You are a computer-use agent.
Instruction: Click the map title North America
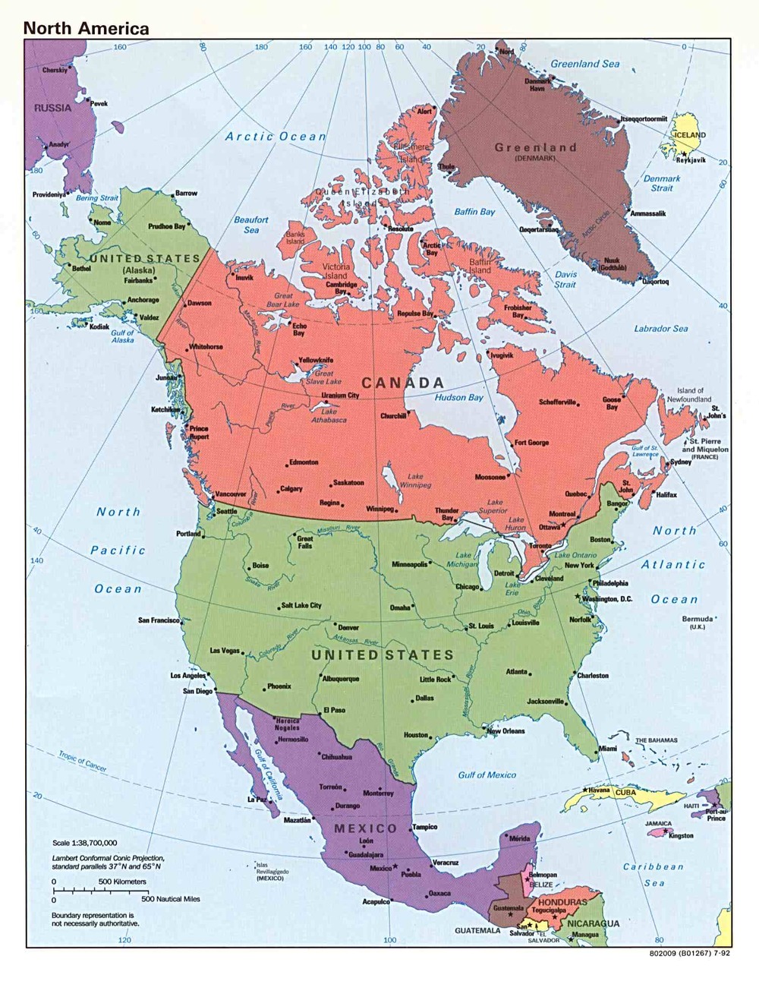[86, 29]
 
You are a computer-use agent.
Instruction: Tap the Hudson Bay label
[458, 397]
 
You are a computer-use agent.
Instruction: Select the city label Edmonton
[304, 462]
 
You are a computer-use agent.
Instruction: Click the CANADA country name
[402, 383]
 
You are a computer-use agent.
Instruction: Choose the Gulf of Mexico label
[487, 774]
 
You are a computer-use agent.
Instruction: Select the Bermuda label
[697, 619]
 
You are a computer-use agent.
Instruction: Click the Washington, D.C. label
[607, 599]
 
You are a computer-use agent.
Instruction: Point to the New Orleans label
[505, 730]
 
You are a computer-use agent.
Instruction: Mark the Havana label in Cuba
[599, 790]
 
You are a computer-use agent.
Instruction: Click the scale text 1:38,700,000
[84, 843]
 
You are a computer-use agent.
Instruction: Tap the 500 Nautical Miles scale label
[171, 898]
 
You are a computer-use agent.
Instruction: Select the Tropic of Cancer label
[82, 761]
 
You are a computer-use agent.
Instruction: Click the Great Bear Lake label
[283, 300]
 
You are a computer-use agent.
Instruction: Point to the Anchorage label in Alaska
[143, 300]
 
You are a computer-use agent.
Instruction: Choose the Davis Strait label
[565, 279]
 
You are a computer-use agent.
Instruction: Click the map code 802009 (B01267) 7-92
[689, 954]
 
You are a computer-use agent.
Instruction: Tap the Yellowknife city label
[316, 360]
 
